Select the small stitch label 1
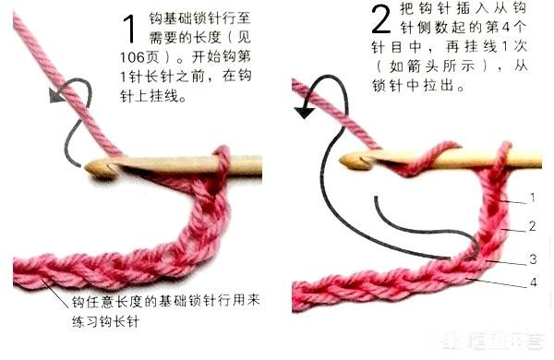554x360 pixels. [533, 198]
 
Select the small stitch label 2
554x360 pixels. [533, 225]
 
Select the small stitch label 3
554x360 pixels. [533, 258]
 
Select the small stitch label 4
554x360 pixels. [533, 282]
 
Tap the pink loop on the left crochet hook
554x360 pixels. [220, 162]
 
